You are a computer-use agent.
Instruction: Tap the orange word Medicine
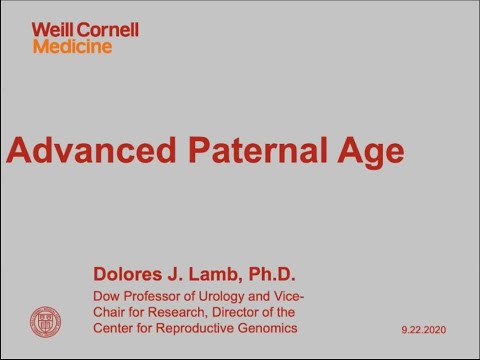(x=72, y=46)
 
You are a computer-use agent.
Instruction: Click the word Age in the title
(x=369, y=152)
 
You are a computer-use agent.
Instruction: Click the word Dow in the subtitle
(x=106, y=297)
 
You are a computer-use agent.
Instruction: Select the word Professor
(x=156, y=297)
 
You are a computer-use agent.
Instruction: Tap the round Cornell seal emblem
(x=45, y=321)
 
